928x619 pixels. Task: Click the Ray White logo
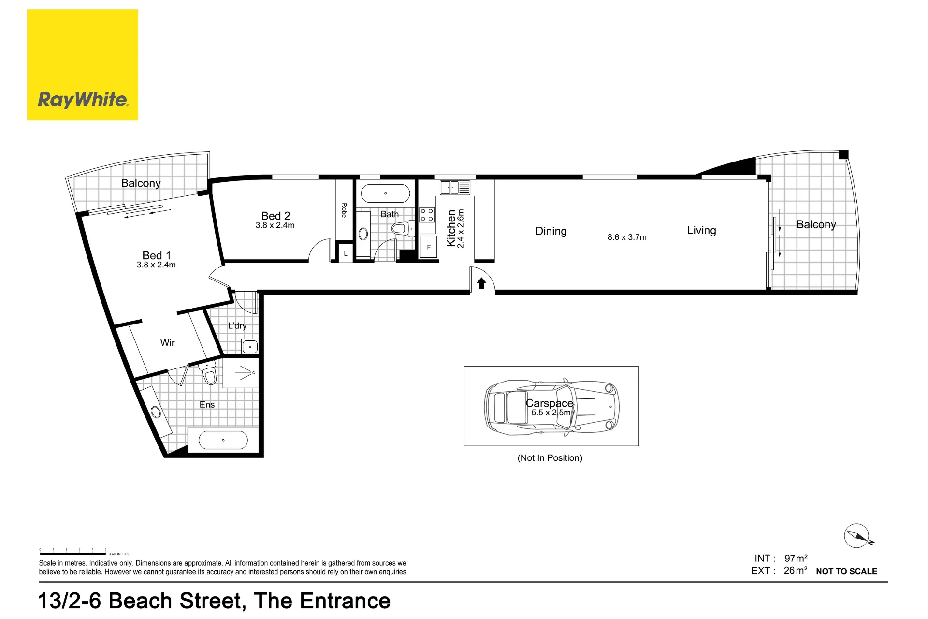(83, 65)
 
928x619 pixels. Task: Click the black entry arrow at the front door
(481, 283)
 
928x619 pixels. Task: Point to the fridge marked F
(428, 247)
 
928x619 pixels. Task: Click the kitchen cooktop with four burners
(427, 215)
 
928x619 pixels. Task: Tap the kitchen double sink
(455, 187)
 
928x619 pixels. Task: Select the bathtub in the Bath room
(385, 193)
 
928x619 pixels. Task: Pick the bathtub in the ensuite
(223, 440)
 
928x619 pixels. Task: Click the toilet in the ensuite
(208, 373)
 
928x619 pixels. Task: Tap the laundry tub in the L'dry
(250, 346)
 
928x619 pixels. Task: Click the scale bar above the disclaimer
(72, 554)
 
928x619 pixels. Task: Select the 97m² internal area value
(796, 558)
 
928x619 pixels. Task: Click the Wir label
(168, 343)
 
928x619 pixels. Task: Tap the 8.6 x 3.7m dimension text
(627, 237)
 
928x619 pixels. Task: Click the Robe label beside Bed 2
(344, 210)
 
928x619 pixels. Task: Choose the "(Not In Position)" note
(550, 458)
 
